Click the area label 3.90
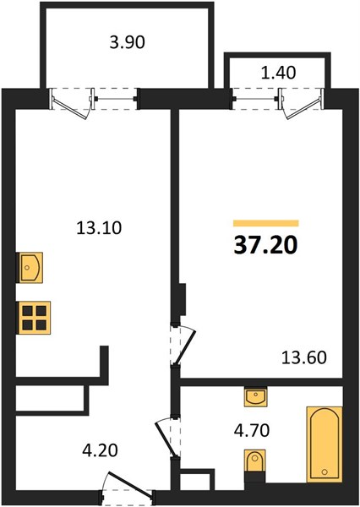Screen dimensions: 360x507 click(x=127, y=42)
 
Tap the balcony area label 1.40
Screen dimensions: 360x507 click(x=278, y=73)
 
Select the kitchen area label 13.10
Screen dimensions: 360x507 click(x=99, y=228)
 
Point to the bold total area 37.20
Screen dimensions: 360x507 click(x=265, y=245)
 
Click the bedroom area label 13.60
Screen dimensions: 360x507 click(x=303, y=358)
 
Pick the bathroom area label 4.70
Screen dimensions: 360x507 click(x=252, y=431)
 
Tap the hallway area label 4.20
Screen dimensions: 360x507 click(x=100, y=450)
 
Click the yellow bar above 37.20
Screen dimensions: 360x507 click(x=266, y=223)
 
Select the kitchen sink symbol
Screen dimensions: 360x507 click(x=30, y=267)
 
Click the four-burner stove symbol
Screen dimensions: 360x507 click(x=35, y=318)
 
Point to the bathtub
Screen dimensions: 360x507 click(x=325, y=444)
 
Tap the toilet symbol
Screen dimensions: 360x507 click(x=255, y=461)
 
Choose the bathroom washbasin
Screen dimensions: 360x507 click(x=255, y=397)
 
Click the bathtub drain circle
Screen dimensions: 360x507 click(x=325, y=472)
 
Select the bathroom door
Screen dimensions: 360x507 click(x=168, y=437)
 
